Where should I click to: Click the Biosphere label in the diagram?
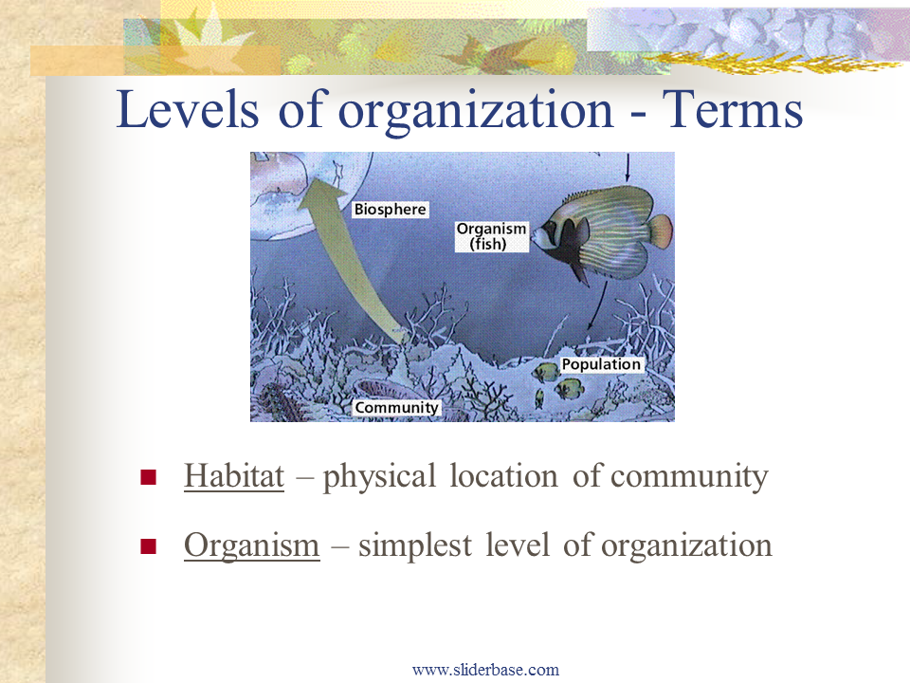click(x=391, y=209)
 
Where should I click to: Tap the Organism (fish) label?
click(x=492, y=236)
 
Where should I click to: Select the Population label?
click(x=601, y=364)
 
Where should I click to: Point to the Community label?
click(x=397, y=408)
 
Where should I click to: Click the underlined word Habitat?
click(x=234, y=475)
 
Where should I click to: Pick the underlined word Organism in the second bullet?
click(x=252, y=545)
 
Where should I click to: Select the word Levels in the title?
click(x=188, y=109)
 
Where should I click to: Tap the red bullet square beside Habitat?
click(x=149, y=477)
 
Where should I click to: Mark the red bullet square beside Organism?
click(x=149, y=546)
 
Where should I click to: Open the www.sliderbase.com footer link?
click(x=485, y=670)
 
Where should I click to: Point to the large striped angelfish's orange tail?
click(x=661, y=231)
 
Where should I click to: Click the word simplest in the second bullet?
click(x=415, y=545)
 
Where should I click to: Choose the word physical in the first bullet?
click(x=379, y=477)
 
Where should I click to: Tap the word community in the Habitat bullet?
click(x=689, y=477)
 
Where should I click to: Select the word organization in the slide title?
click(x=475, y=110)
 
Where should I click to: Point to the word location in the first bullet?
click(x=503, y=475)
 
